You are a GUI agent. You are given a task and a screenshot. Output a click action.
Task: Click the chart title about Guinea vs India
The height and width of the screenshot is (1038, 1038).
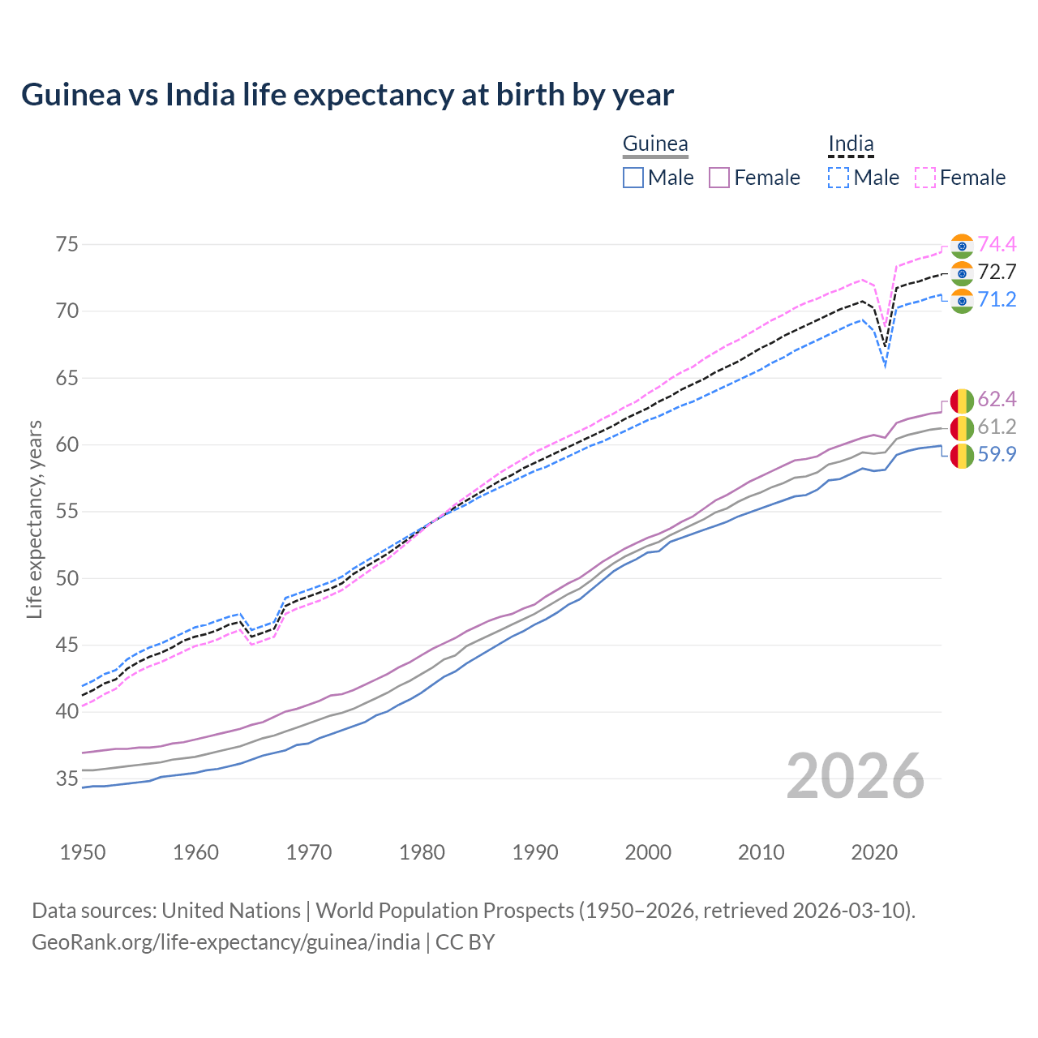pos(347,95)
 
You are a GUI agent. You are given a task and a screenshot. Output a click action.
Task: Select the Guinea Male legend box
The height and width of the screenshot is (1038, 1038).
pos(633,178)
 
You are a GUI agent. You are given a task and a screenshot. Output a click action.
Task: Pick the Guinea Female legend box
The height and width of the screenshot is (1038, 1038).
pos(719,178)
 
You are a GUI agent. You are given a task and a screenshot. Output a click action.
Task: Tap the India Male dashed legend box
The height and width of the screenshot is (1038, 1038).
pos(839,178)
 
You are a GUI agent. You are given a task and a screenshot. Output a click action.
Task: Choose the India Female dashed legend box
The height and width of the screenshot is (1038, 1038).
pos(925,178)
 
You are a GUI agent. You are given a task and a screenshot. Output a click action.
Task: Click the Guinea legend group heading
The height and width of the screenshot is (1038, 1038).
pos(655,144)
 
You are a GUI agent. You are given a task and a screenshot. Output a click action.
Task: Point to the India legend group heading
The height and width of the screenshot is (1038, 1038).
pos(851,144)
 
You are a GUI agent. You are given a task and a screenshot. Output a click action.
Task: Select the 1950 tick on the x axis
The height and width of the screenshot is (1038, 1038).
pos(83,852)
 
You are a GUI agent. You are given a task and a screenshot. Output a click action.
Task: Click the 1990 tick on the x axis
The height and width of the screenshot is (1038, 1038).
pos(535,852)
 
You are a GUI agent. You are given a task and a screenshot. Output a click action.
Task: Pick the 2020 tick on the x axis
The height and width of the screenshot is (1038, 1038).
pos(874,852)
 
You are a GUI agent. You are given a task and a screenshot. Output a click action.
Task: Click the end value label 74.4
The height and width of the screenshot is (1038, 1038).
pos(997,244)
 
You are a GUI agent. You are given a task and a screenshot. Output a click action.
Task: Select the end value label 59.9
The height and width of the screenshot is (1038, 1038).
pos(997,454)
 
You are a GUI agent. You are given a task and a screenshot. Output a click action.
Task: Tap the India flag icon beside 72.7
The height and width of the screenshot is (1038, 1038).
pos(962,273)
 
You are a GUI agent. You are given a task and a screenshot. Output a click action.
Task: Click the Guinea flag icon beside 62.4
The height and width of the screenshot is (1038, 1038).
pos(962,401)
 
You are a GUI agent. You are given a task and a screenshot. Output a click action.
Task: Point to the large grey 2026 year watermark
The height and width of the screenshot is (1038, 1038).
pos(856,777)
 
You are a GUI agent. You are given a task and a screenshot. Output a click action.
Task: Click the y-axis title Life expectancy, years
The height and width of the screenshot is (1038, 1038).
pos(34,519)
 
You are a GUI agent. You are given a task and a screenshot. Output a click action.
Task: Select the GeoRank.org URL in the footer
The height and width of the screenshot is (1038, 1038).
pos(225,942)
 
